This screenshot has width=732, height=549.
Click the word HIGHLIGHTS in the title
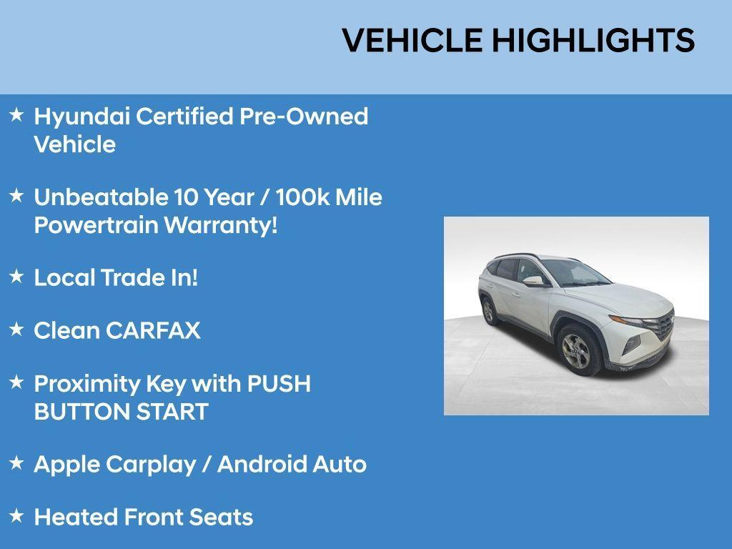click(593, 41)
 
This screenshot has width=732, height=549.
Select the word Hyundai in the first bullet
click(81, 117)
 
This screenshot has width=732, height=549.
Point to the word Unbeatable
click(100, 197)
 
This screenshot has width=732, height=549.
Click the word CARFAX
click(153, 331)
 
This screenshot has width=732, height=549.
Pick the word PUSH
click(279, 384)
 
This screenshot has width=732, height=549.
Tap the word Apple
click(66, 465)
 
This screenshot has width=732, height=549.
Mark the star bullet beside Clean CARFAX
click(16, 329)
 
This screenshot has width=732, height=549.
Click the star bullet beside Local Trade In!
click(16, 276)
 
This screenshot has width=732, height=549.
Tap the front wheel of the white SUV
click(575, 352)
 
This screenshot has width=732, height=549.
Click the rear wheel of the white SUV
click(489, 310)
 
